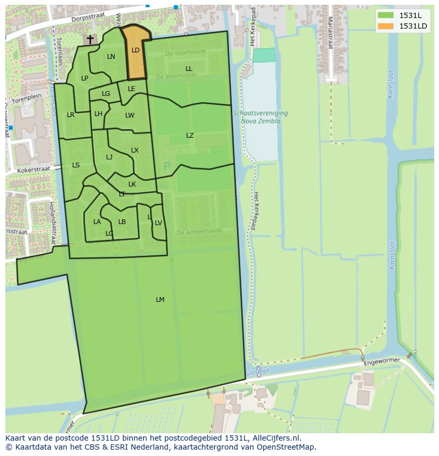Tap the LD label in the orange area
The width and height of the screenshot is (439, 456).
point(135,50)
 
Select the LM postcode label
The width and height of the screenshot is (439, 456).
point(160,300)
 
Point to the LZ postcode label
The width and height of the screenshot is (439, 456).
point(190,136)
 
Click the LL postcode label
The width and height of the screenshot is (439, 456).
point(189,69)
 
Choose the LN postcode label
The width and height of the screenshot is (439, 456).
point(111,57)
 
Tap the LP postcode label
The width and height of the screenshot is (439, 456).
point(84,78)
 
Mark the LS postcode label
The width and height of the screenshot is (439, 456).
point(76,165)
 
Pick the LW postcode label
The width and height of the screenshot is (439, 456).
point(130,115)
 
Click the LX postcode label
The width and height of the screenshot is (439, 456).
point(135,150)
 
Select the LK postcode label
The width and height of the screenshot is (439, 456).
point(132,184)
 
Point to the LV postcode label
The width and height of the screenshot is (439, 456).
point(159,223)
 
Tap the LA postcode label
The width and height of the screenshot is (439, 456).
point(97,222)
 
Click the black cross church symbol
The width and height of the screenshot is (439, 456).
point(90,39)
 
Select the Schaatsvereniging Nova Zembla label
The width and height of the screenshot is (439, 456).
point(260,117)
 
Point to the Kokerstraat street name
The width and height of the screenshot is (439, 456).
point(33,169)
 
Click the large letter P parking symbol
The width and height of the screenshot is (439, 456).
point(167,167)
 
